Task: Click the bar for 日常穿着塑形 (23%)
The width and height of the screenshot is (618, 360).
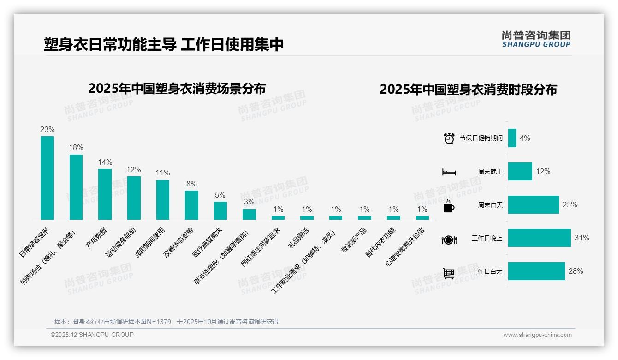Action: (47, 178)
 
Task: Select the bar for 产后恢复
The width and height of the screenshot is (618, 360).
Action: (105, 194)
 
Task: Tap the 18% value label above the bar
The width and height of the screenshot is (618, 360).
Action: (76, 148)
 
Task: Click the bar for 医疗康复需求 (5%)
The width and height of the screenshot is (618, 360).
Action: (220, 210)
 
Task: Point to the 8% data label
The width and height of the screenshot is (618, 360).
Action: (191, 184)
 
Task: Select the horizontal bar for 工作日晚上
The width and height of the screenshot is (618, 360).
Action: (539, 238)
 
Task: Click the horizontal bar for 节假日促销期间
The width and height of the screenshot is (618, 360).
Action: (512, 138)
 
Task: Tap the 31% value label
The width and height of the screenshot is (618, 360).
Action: (582, 238)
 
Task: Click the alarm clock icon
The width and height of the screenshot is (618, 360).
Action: (449, 138)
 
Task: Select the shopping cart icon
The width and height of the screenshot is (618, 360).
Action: (449, 273)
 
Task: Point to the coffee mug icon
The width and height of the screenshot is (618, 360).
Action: (449, 206)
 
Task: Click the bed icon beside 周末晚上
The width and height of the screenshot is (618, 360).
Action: (449, 172)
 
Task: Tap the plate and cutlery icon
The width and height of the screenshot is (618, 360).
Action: (449, 240)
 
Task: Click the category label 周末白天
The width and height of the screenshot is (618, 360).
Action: (490, 205)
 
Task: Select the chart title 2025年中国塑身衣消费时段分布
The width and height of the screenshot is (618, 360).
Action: (468, 90)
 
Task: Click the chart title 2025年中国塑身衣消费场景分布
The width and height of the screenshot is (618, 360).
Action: (177, 88)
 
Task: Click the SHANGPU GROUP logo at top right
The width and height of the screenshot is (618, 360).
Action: (536, 39)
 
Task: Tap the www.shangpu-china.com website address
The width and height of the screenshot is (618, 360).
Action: (537, 335)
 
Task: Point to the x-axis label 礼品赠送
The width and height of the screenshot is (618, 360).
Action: (298, 238)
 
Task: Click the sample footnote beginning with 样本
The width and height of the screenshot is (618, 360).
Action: (166, 322)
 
